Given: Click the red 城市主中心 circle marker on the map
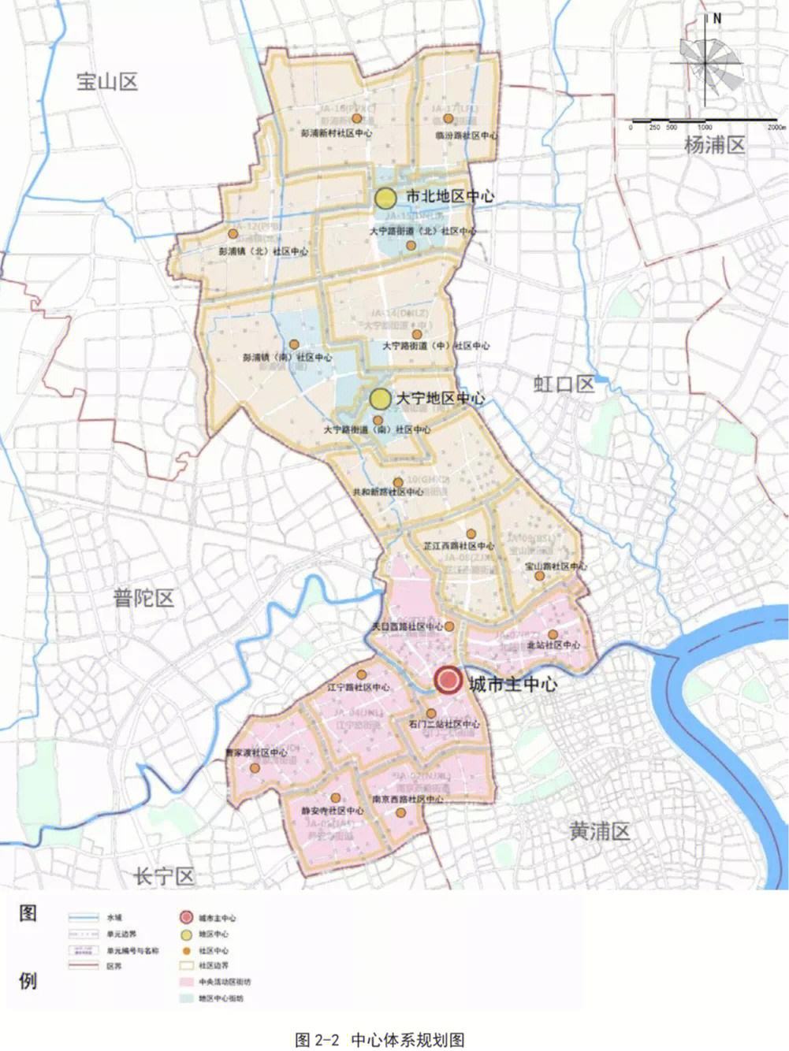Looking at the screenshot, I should pos(448,681).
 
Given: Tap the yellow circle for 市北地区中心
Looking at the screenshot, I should pos(385,197).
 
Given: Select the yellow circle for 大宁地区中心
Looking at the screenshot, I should pos(381,399).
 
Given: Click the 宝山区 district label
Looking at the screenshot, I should pos(107,81).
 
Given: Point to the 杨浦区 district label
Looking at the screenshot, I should pos(714,145).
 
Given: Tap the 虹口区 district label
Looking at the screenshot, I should pos(563,384).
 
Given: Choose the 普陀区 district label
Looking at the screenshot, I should pos(143,598).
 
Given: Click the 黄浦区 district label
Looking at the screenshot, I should pos(600,831).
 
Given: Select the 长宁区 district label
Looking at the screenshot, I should pos(164,876).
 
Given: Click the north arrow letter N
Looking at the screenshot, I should pos(716,20).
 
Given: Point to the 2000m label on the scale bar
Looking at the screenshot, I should pos(776,127).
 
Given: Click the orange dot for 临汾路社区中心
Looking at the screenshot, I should pos(448,119).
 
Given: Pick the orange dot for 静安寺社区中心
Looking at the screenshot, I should pos(336,797).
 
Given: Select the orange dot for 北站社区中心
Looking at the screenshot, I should pos(553,634).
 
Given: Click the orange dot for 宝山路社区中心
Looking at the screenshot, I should pos(539,576).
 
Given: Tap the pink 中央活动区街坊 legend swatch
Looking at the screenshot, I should pos(185,982).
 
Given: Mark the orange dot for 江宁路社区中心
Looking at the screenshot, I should pos(361,675).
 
